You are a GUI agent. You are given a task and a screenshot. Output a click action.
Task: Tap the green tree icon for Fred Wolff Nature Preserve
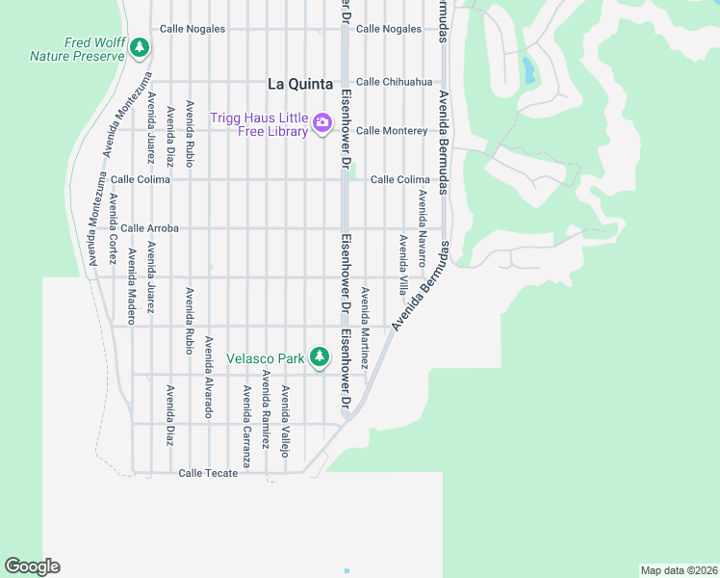140,46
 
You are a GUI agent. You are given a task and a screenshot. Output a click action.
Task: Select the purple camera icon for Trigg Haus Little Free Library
321,122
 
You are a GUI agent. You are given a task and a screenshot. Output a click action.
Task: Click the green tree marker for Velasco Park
319,358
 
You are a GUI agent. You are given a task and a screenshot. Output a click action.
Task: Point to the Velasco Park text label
265,358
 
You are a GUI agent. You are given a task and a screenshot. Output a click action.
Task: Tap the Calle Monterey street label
391,130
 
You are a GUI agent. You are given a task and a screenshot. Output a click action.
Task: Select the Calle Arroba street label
149,228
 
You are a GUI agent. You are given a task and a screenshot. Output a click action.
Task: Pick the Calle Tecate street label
208,473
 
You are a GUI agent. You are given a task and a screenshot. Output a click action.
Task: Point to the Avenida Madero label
132,279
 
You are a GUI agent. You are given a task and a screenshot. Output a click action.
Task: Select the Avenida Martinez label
365,328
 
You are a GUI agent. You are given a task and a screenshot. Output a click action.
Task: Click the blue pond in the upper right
527,69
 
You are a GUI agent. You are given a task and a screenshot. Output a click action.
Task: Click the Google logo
32,565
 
